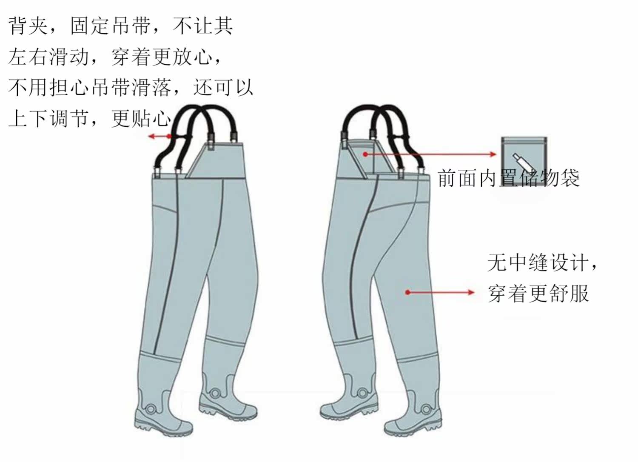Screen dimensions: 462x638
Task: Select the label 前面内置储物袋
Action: coord(508,178)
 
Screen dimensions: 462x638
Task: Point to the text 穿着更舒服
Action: coord(538,293)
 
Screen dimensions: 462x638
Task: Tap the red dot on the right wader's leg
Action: coord(407,292)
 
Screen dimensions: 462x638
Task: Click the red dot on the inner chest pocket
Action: coord(365,154)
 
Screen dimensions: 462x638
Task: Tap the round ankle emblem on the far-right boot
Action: coord(426,409)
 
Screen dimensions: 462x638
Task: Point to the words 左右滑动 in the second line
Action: coord(48,57)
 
